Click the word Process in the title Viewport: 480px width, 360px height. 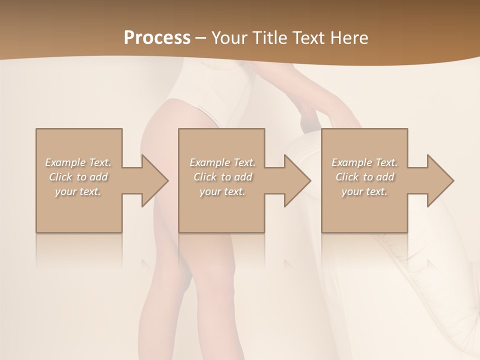[157, 38]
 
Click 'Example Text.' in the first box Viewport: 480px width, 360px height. [78, 162]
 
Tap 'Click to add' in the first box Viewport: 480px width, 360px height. [78, 177]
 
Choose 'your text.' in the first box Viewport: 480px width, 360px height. [78, 191]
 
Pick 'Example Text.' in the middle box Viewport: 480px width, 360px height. [222, 162]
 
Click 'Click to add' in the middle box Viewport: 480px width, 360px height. [222, 177]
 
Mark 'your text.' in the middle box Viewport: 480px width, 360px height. [222, 191]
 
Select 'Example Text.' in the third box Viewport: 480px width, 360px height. [364, 162]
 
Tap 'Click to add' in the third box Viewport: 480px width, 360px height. [364, 177]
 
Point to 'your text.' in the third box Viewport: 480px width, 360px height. [364, 191]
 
